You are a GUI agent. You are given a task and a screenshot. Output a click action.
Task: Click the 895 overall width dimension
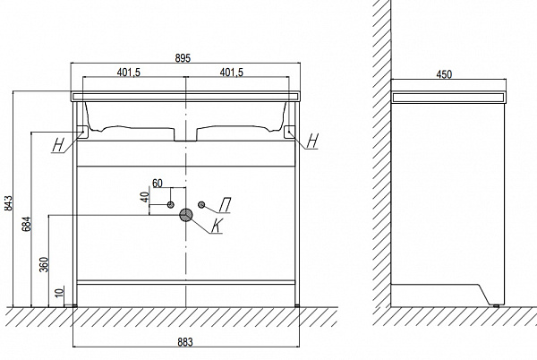(183, 58)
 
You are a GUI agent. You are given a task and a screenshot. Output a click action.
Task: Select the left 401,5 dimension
(129, 73)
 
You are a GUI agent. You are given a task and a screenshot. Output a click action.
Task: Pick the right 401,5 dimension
(231, 73)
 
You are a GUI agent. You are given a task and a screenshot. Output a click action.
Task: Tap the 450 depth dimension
(444, 74)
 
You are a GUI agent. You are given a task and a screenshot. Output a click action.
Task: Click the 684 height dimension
(27, 224)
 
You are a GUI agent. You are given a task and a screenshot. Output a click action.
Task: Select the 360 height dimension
(45, 264)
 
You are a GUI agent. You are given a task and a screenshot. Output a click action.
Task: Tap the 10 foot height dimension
(60, 293)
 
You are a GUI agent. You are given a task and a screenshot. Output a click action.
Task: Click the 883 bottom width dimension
(185, 342)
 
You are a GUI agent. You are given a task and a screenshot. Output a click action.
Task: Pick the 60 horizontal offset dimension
(158, 184)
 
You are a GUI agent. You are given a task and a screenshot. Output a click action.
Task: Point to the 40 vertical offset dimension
(146, 197)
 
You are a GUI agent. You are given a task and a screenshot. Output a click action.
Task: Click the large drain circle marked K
(186, 215)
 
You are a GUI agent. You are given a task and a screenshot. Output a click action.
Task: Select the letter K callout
(216, 226)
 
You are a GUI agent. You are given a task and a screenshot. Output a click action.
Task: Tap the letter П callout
(225, 205)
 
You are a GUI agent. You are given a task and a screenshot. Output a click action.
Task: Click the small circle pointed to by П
(201, 204)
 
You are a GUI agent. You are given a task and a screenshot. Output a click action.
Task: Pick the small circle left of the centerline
(171, 205)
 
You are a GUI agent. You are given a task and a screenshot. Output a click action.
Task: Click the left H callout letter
(58, 144)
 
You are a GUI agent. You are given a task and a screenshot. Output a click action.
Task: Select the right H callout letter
(312, 140)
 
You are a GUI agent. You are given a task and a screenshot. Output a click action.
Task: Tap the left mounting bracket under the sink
(83, 133)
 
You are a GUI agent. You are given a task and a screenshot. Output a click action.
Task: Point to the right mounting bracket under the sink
(289, 133)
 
